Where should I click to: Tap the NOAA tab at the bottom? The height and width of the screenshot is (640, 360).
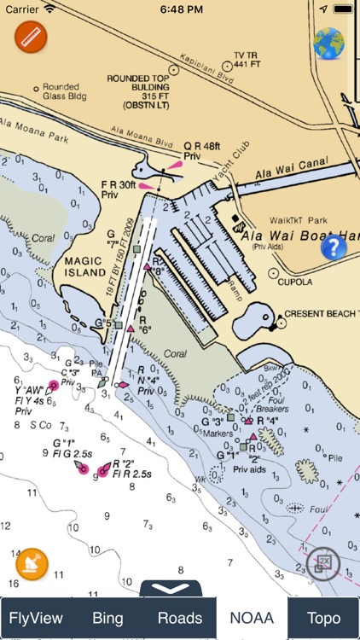point(251,618)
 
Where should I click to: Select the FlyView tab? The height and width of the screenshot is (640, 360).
point(36,618)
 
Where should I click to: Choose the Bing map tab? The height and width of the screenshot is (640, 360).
point(107,618)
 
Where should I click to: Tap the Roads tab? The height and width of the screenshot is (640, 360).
point(180,618)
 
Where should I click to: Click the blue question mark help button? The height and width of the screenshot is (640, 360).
point(334,247)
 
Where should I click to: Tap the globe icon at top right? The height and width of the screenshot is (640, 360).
point(328,44)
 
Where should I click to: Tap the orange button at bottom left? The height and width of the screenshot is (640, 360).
point(32,564)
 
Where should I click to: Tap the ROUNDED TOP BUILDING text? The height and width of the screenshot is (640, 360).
point(140,90)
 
